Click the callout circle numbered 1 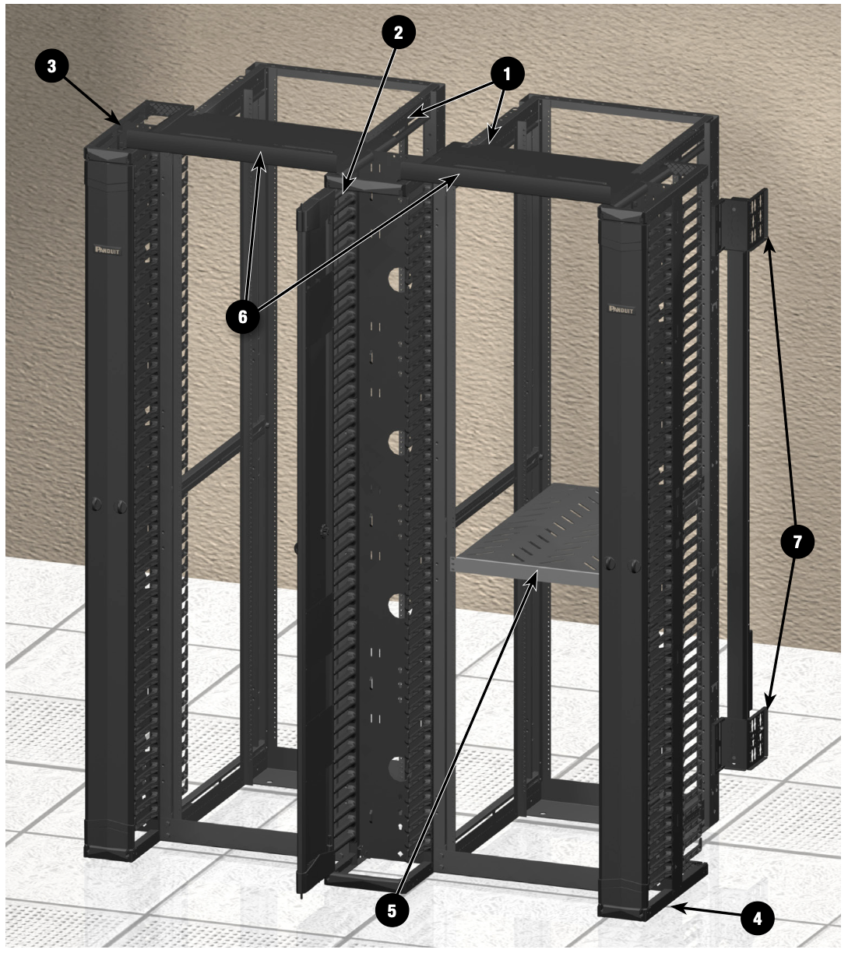[x=507, y=75]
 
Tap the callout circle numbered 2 [x=398, y=33]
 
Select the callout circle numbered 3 [x=51, y=66]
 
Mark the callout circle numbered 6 [x=243, y=317]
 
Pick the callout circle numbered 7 [x=797, y=542]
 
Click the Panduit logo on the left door [x=107, y=250]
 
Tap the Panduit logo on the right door [x=621, y=310]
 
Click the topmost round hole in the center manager [x=396, y=281]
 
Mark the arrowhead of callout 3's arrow [x=119, y=123]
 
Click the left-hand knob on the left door [x=97, y=504]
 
